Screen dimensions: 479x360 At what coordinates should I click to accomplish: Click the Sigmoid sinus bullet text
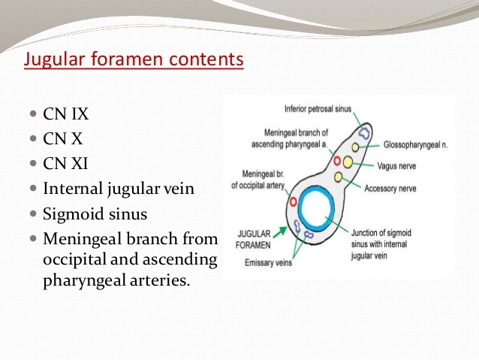tap(95, 213)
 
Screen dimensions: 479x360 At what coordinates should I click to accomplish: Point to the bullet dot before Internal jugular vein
tap(34, 189)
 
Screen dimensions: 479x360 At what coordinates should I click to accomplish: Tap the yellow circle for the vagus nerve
tap(349, 162)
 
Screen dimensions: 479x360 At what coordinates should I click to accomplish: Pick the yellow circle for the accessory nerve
tap(339, 177)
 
